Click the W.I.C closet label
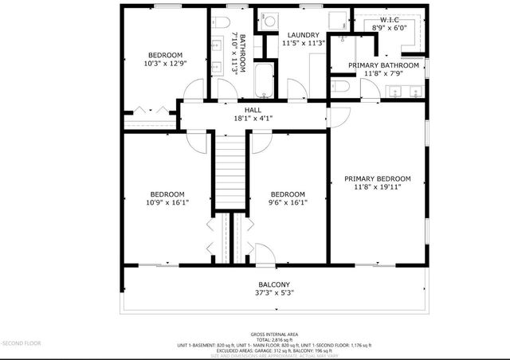(390, 18)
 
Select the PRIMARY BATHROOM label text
(391, 65)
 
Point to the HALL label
(253, 110)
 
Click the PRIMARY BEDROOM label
(377, 178)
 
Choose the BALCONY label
(273, 284)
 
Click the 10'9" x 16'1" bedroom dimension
(167, 202)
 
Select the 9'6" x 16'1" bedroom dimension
(287, 202)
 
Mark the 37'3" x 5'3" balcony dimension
(273, 292)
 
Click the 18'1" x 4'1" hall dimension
(253, 118)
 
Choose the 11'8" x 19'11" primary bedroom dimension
(377, 187)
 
